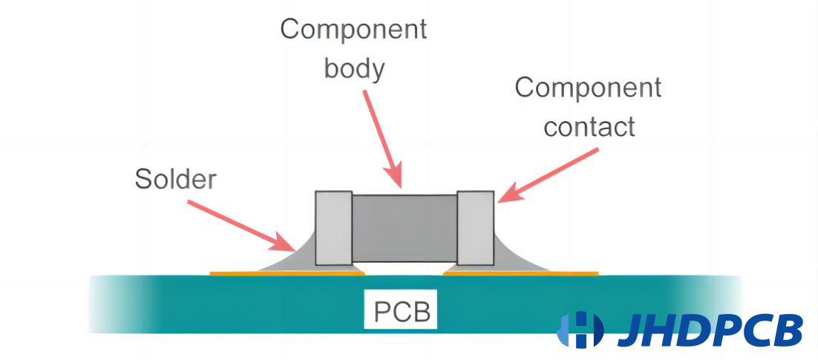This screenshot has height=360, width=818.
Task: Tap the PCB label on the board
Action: (x=402, y=310)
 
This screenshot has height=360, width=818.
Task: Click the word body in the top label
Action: (x=354, y=69)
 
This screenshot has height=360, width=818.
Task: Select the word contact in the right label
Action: (x=589, y=126)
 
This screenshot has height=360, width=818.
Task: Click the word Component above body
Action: (x=353, y=30)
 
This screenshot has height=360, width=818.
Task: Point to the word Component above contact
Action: (x=588, y=88)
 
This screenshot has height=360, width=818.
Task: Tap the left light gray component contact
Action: (x=333, y=228)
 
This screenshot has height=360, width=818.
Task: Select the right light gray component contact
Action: (x=475, y=227)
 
